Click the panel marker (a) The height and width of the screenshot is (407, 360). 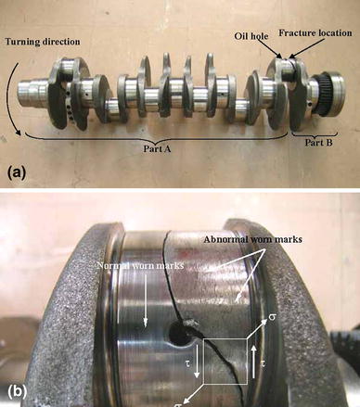pyautogui.click(x=19, y=172)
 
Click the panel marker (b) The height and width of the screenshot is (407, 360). pyautogui.click(x=19, y=389)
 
